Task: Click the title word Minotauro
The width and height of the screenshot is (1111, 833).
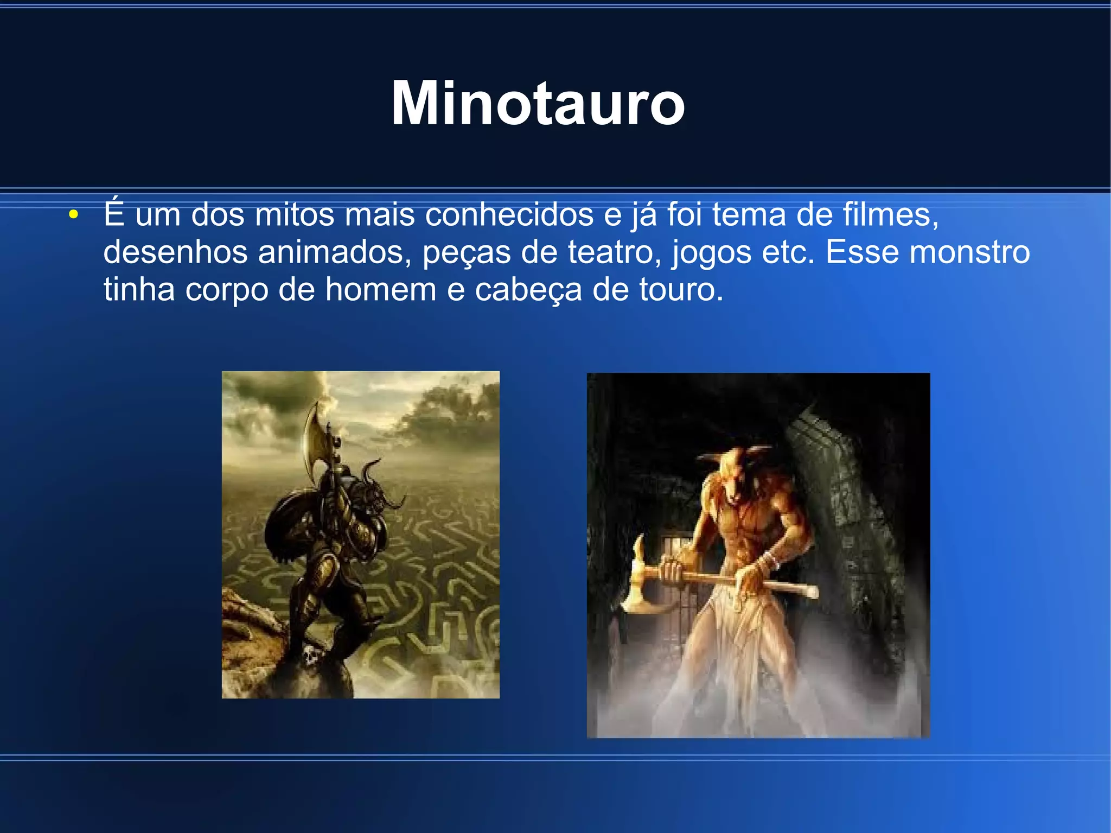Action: click(x=538, y=103)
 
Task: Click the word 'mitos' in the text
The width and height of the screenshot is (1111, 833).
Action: click(x=295, y=214)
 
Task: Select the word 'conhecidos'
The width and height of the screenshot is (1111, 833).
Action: click(x=509, y=214)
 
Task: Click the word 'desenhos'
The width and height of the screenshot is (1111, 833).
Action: click(x=175, y=252)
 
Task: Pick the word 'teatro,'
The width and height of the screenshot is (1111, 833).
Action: click(x=615, y=252)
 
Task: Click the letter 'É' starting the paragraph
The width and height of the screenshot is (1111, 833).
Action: click(x=114, y=213)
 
